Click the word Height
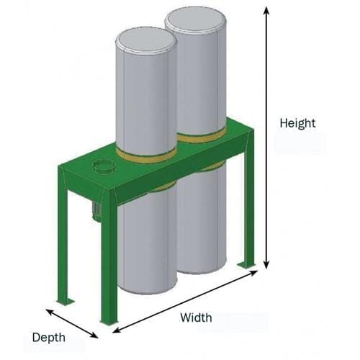(297, 123)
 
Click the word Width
(196, 318)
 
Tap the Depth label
(49, 338)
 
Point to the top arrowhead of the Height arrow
(266, 10)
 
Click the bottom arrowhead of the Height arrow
(266, 266)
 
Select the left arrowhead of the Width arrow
(116, 330)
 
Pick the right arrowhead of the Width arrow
(254, 272)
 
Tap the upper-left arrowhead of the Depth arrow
(49, 312)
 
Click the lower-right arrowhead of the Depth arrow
(94, 336)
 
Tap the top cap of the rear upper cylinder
(195, 20)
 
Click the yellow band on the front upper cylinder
(146, 156)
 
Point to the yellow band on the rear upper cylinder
(202, 136)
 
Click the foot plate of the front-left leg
(66, 302)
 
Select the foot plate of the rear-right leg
(246, 265)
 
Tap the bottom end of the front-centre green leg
(109, 322)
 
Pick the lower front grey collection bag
(147, 240)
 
